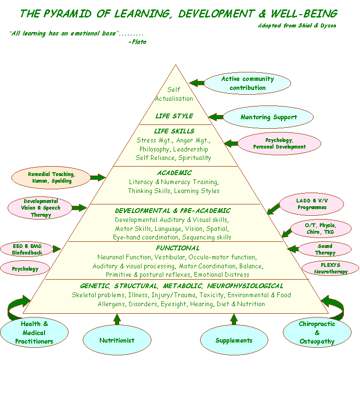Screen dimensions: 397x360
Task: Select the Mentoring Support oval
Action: tap(268, 117)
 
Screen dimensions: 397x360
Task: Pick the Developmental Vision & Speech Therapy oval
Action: tap(40, 208)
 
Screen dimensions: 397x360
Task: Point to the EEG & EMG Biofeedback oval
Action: tap(27, 249)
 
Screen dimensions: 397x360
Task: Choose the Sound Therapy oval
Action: tap(325, 249)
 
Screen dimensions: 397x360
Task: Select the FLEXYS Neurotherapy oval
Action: tap(331, 268)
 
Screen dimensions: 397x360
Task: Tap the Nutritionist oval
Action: tap(117, 340)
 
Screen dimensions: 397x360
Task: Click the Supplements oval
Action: tap(234, 340)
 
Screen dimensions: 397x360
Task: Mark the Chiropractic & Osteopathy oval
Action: tap(317, 333)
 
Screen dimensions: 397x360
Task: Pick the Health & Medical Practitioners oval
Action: tap(34, 333)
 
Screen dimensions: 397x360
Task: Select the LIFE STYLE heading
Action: tap(175, 116)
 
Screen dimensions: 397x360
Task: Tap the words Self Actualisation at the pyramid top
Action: tap(174, 94)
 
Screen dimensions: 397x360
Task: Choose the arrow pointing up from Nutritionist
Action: tap(117, 318)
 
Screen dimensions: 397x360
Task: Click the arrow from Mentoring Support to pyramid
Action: tap(216, 117)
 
